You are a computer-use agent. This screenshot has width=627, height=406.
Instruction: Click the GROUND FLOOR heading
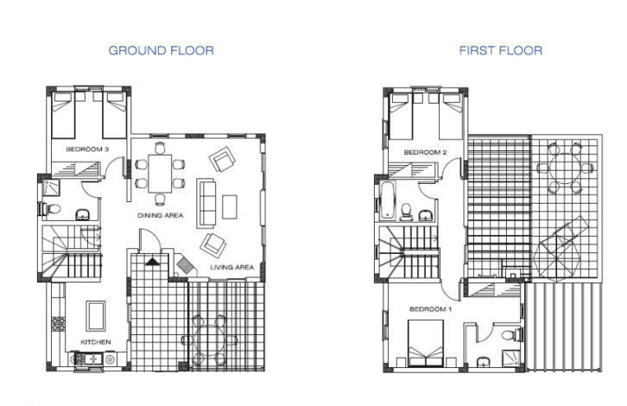[161, 50]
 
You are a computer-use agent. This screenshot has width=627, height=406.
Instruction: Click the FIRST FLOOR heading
[501, 50]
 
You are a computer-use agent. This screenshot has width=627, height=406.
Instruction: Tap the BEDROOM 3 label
[87, 149]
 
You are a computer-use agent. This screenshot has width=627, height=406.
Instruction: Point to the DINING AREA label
[161, 215]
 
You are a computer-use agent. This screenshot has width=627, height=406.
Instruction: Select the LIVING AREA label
[232, 267]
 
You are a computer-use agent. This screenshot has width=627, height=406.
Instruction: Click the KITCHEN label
[96, 342]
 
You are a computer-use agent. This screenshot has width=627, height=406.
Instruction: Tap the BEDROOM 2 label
[426, 152]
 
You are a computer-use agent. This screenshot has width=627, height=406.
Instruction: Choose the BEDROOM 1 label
[431, 308]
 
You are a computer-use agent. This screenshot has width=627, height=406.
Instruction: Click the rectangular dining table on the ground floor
[160, 174]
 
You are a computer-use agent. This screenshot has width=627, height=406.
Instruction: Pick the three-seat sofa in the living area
[206, 204]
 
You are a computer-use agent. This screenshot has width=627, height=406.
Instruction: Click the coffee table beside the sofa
[230, 206]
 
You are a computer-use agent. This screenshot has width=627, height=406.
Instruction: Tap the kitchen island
[96, 316]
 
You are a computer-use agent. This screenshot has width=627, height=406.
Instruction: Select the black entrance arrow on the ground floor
[152, 262]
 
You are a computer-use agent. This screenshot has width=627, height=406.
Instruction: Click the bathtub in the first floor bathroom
[387, 200]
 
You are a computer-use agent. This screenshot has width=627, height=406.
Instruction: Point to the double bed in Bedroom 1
[426, 343]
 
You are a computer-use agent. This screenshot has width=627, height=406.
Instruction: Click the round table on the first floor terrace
[564, 168]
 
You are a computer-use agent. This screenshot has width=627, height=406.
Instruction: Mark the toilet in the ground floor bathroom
[51, 209]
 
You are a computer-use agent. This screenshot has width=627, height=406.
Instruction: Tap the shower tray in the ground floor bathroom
[51, 187]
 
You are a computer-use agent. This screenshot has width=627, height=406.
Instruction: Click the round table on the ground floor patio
[209, 340]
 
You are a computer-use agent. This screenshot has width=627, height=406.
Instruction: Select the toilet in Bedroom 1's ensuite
[511, 334]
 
